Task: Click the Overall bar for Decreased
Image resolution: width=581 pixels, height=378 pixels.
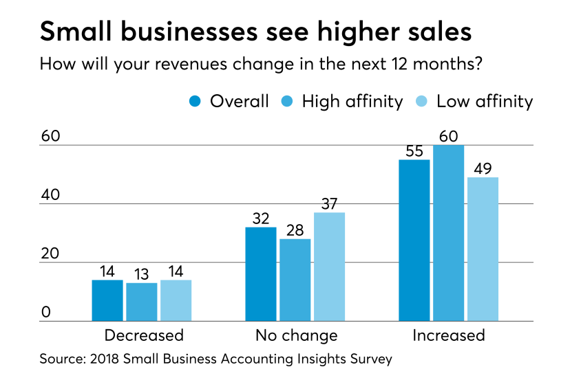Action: [x=107, y=300]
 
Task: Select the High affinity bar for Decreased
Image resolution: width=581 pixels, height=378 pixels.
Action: [x=142, y=302]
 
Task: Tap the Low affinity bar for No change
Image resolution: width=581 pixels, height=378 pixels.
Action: [x=328, y=267]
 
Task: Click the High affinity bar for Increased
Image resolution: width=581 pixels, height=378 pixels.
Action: [x=449, y=233]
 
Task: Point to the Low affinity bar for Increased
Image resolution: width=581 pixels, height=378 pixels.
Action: [x=482, y=249]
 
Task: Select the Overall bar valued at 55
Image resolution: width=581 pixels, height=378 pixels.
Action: [x=415, y=240]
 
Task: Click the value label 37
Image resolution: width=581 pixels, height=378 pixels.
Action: [x=328, y=203]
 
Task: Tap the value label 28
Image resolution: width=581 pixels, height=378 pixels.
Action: [x=295, y=230]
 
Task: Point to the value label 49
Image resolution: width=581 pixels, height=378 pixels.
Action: [x=482, y=168]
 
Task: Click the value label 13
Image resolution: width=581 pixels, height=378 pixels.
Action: [x=142, y=274]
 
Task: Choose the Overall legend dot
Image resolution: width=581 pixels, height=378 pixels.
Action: [x=195, y=102]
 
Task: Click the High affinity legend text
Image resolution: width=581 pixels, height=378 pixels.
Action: [x=352, y=102]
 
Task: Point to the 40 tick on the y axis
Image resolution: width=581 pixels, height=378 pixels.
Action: [x=50, y=195]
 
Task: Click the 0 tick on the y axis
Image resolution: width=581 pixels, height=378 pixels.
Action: [x=46, y=313]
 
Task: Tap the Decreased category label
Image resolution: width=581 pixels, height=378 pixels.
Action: [x=144, y=335]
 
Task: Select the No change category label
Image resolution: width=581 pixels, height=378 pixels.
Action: [x=296, y=335]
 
